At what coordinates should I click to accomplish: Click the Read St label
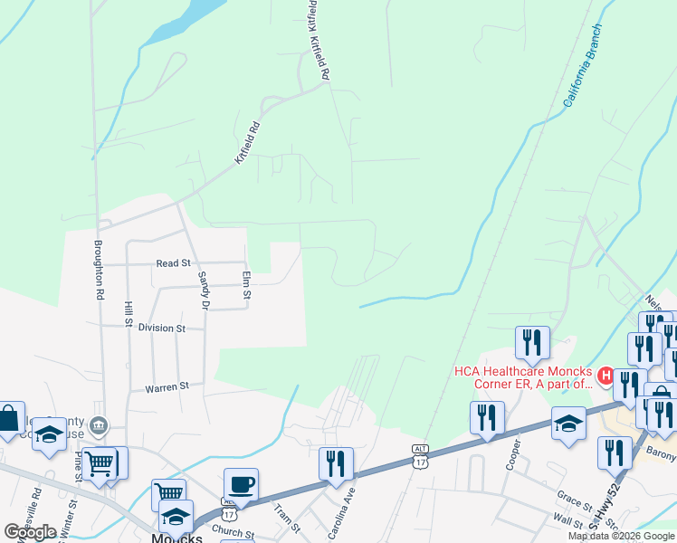173,263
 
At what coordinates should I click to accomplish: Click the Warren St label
167,387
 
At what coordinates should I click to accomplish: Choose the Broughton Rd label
99,270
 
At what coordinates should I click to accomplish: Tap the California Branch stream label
581,79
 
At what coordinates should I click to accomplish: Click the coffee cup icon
241,483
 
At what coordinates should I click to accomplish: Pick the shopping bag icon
8,418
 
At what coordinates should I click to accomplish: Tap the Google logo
30,532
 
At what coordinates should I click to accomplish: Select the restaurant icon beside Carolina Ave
336,462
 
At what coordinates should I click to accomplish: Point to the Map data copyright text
621,536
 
